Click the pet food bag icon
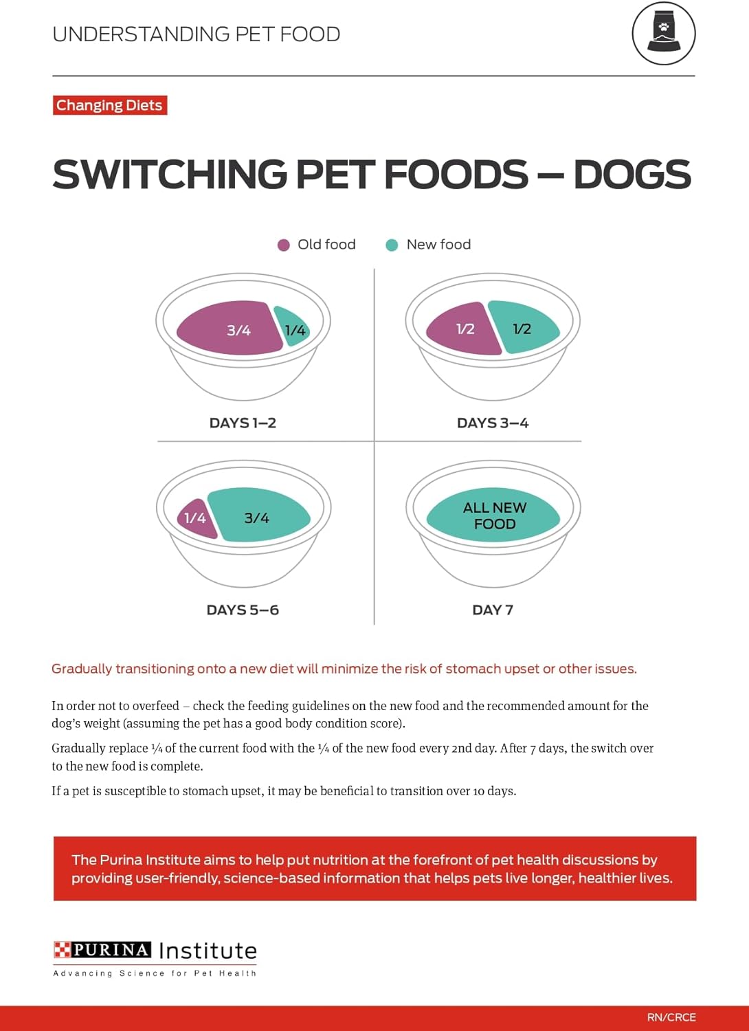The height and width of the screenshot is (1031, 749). pos(664,33)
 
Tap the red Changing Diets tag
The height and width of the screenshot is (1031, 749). pos(110,105)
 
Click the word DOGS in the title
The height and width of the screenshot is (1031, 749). pos(632,175)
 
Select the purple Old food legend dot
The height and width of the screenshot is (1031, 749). pos(283,245)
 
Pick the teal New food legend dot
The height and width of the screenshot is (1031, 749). pos(392,245)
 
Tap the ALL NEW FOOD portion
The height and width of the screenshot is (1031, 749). pos(494,515)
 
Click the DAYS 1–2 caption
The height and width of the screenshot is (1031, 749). pos(243,423)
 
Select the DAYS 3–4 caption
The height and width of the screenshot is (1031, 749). pos(493,423)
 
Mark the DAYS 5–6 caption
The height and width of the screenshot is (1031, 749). pos(243,610)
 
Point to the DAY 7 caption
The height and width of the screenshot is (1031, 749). pos(493,610)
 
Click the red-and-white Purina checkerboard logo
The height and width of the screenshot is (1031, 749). pos(63,950)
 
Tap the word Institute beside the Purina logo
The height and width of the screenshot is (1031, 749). pos(208,951)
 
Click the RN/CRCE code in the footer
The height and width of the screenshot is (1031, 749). pos(671,1017)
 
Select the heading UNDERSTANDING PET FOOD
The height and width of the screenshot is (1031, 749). pos(197,34)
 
